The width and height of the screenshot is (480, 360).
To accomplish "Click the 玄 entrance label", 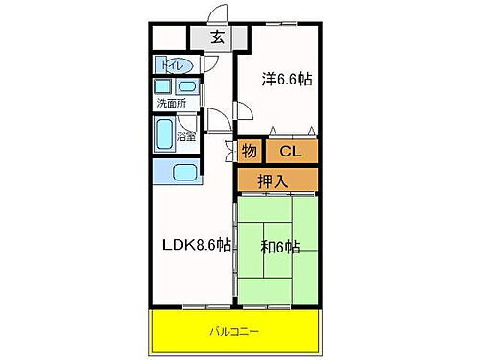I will click(x=218, y=39).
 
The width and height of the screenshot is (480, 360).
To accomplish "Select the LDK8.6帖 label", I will click(x=196, y=245).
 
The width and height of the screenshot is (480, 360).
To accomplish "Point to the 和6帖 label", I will click(x=280, y=247).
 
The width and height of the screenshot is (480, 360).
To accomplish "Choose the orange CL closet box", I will click(x=290, y=151).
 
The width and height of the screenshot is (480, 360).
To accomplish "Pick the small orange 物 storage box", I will click(x=249, y=151).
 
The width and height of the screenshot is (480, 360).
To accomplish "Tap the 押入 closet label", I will click(x=275, y=179).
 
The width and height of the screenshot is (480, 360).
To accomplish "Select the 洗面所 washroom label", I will click(x=173, y=103).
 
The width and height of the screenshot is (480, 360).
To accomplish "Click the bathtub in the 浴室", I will click(x=163, y=134).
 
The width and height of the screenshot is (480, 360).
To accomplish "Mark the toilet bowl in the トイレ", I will click(x=187, y=67).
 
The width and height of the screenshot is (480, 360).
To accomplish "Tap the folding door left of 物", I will click(x=231, y=151).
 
